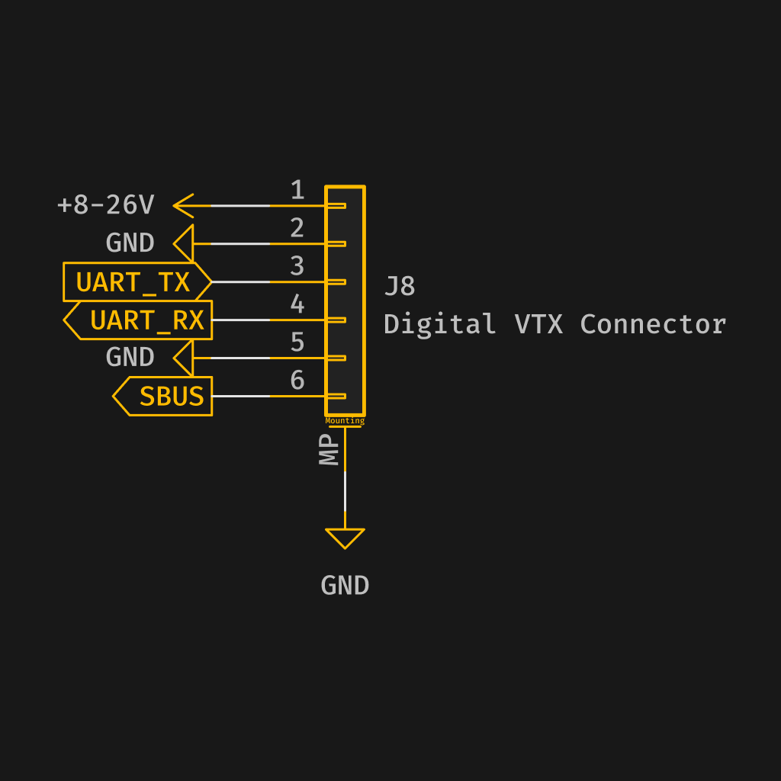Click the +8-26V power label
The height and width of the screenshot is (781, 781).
coord(106,205)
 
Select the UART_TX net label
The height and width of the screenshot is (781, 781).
coord(133,282)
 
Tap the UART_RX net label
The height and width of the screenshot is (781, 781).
coord(146,320)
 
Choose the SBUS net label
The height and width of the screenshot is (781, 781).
coord(171,397)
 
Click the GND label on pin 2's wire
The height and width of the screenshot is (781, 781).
coord(130,243)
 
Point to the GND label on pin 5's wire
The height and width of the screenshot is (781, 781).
coord(130,357)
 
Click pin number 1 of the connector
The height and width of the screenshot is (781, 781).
coord(297,190)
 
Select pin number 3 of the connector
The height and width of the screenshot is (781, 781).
coord(297,266)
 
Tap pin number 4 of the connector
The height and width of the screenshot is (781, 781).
coord(297,304)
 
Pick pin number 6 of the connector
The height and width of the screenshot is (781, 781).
coord(297,380)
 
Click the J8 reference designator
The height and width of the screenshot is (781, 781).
coord(400,287)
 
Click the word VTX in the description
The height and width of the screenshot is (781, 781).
coord(538,324)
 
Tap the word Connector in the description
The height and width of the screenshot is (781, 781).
coord(653,324)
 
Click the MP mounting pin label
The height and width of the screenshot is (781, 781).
coord(329,451)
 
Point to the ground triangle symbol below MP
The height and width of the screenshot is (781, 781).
coord(345,538)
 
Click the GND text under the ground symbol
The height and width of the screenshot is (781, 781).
coord(345,586)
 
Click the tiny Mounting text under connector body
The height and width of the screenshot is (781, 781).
coord(345,421)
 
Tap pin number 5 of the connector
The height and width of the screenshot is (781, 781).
coord(297,342)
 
